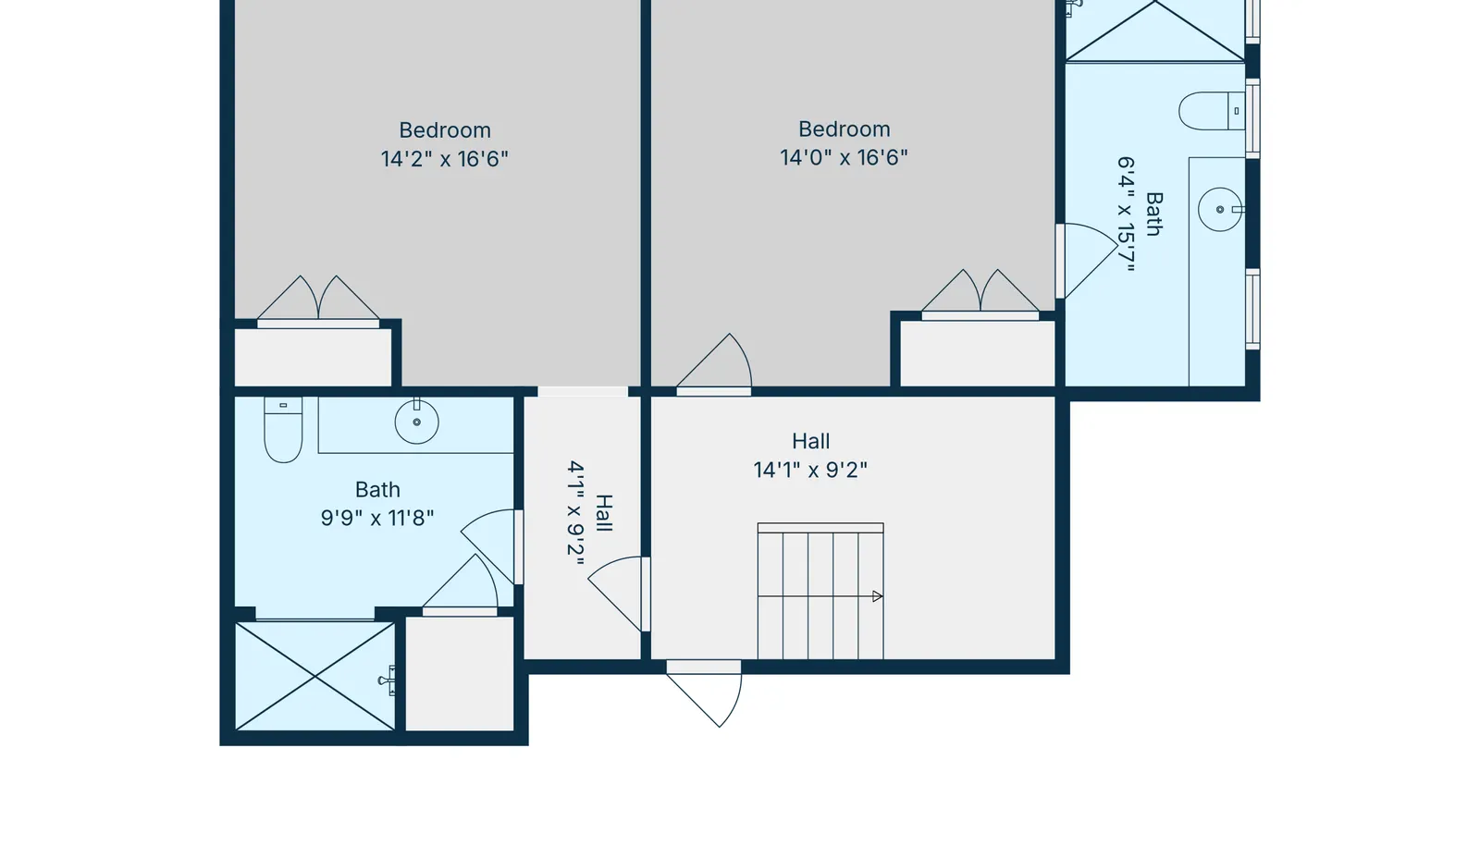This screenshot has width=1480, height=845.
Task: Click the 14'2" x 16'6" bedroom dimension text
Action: [x=445, y=159]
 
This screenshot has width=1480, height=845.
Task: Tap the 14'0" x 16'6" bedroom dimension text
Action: [x=844, y=158]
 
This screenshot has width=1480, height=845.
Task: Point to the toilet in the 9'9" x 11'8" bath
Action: [x=283, y=429]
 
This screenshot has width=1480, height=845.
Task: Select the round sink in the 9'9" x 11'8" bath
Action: [x=416, y=422]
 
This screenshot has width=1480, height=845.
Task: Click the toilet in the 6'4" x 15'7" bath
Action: [x=1212, y=111]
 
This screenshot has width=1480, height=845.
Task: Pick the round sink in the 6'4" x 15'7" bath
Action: [x=1220, y=209]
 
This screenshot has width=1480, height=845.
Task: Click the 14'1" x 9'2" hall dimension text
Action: [x=810, y=470]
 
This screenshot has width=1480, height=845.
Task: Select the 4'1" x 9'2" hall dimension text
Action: [x=576, y=513]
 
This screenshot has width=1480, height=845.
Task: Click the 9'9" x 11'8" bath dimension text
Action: [x=377, y=519]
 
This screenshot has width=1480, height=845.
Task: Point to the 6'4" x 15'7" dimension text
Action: [x=1126, y=214]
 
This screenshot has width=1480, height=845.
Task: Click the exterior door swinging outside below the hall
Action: [x=704, y=693]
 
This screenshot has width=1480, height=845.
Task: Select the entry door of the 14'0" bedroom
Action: [x=714, y=364]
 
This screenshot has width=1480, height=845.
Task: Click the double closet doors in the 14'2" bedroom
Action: [x=318, y=301]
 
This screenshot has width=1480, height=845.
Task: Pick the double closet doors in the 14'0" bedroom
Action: [x=980, y=294]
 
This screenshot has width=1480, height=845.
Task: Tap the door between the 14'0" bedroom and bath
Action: [x=1087, y=261]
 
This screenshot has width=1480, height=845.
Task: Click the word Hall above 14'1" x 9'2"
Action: [x=810, y=441]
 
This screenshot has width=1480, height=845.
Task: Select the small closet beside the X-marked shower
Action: [x=459, y=673]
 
